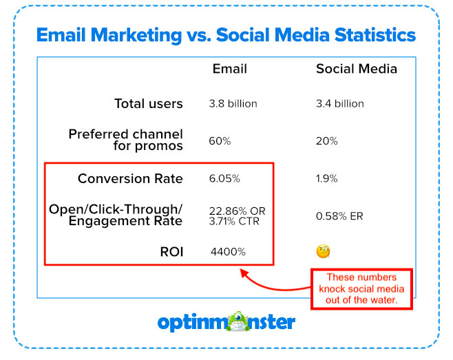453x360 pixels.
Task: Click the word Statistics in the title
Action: (375, 35)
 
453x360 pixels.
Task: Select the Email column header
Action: (230, 69)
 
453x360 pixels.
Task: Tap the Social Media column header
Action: (357, 69)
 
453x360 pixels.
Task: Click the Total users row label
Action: (149, 103)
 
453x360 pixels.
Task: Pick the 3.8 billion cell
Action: (233, 104)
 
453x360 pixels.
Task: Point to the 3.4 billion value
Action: (340, 104)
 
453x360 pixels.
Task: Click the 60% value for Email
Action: (220, 141)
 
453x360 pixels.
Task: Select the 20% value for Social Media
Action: (327, 141)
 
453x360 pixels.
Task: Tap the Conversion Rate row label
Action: (130, 178)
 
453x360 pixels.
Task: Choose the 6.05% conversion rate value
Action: (224, 178)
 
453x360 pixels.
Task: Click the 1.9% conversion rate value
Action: (327, 178)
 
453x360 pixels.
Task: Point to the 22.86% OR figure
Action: (238, 211)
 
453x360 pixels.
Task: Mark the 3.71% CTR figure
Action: (234, 222)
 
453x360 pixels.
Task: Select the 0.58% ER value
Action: (339, 216)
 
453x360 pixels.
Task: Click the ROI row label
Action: (171, 252)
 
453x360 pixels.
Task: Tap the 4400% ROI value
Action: (228, 252)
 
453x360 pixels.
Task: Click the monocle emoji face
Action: (324, 251)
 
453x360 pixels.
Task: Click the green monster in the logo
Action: (238, 321)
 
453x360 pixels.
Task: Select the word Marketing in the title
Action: (136, 36)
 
